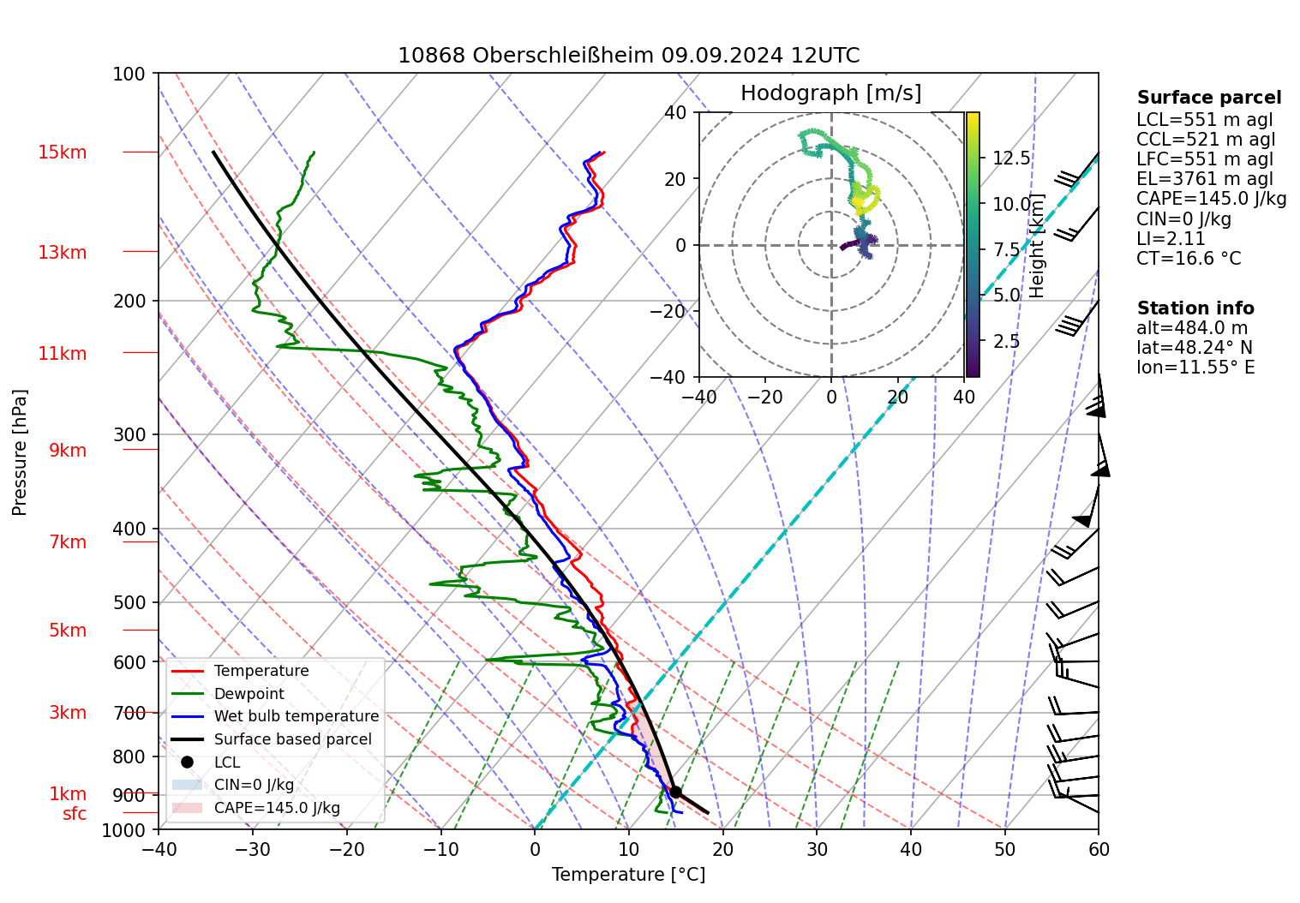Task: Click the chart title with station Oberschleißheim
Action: coord(628,56)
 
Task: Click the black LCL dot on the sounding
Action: coord(675,792)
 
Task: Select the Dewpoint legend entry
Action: coord(249,694)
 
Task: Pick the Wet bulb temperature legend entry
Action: coord(296,716)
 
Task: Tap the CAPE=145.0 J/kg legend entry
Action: coord(276,808)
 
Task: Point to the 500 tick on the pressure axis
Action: coord(129,602)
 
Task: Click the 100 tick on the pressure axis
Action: coord(129,74)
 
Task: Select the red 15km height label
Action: coord(62,152)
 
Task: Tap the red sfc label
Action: coord(75,814)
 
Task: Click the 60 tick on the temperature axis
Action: coord(1099,849)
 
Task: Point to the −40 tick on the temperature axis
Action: coord(159,849)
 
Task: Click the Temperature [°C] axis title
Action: coord(628,875)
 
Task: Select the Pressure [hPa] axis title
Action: coord(20,452)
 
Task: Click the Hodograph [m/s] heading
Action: coord(830,93)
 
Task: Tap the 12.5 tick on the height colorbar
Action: coord(1011,158)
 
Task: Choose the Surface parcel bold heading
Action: coord(1209,98)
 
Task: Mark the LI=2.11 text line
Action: coord(1171,239)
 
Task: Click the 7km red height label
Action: coord(68,542)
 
